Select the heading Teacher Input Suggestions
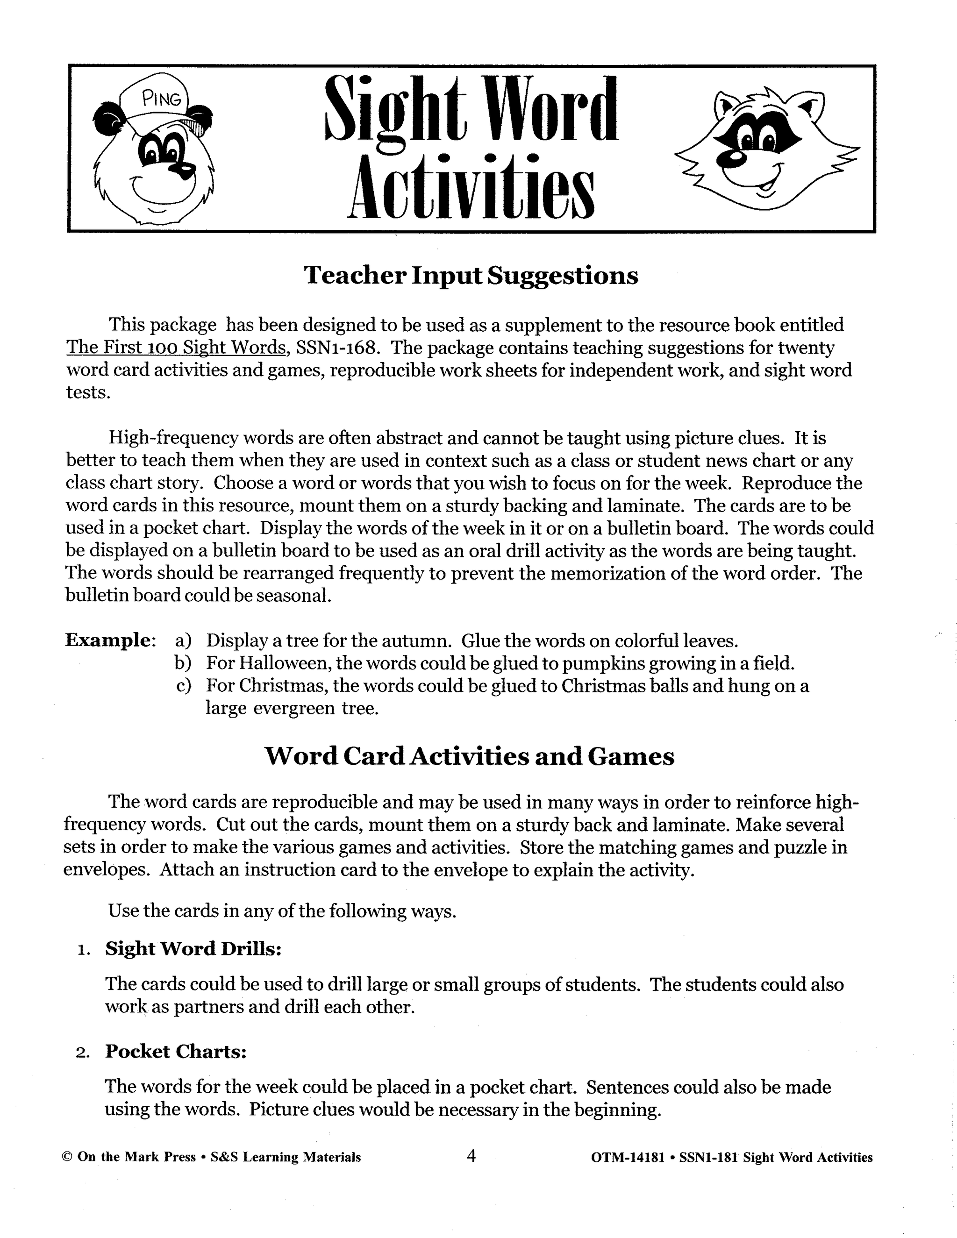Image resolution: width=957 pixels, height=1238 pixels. [x=471, y=276]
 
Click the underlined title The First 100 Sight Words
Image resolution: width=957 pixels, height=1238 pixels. [x=176, y=348]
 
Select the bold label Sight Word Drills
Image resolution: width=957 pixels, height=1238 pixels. [x=193, y=949]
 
